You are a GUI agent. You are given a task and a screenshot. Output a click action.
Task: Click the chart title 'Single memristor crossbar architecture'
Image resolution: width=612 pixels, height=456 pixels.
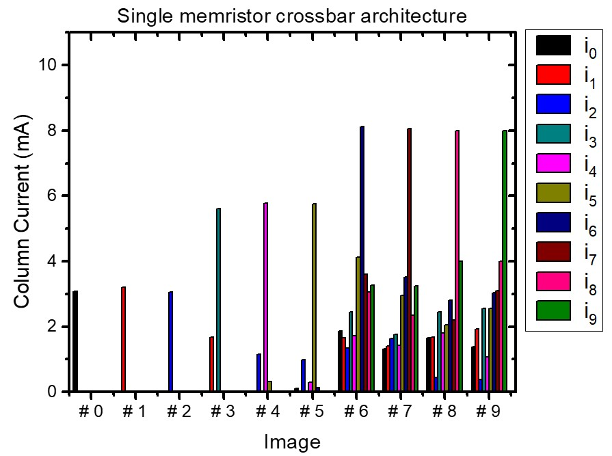click(291, 16)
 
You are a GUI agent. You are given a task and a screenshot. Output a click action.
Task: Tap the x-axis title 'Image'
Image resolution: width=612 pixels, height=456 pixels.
click(292, 442)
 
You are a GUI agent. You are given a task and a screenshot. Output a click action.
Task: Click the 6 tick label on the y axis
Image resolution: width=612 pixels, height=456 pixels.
click(53, 196)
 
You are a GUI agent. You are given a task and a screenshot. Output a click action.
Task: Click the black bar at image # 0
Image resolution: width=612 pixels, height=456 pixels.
click(75, 342)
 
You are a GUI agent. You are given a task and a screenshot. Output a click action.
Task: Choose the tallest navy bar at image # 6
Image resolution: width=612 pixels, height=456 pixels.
click(362, 259)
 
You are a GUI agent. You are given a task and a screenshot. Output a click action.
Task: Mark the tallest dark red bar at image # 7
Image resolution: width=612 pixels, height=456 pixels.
click(409, 260)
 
